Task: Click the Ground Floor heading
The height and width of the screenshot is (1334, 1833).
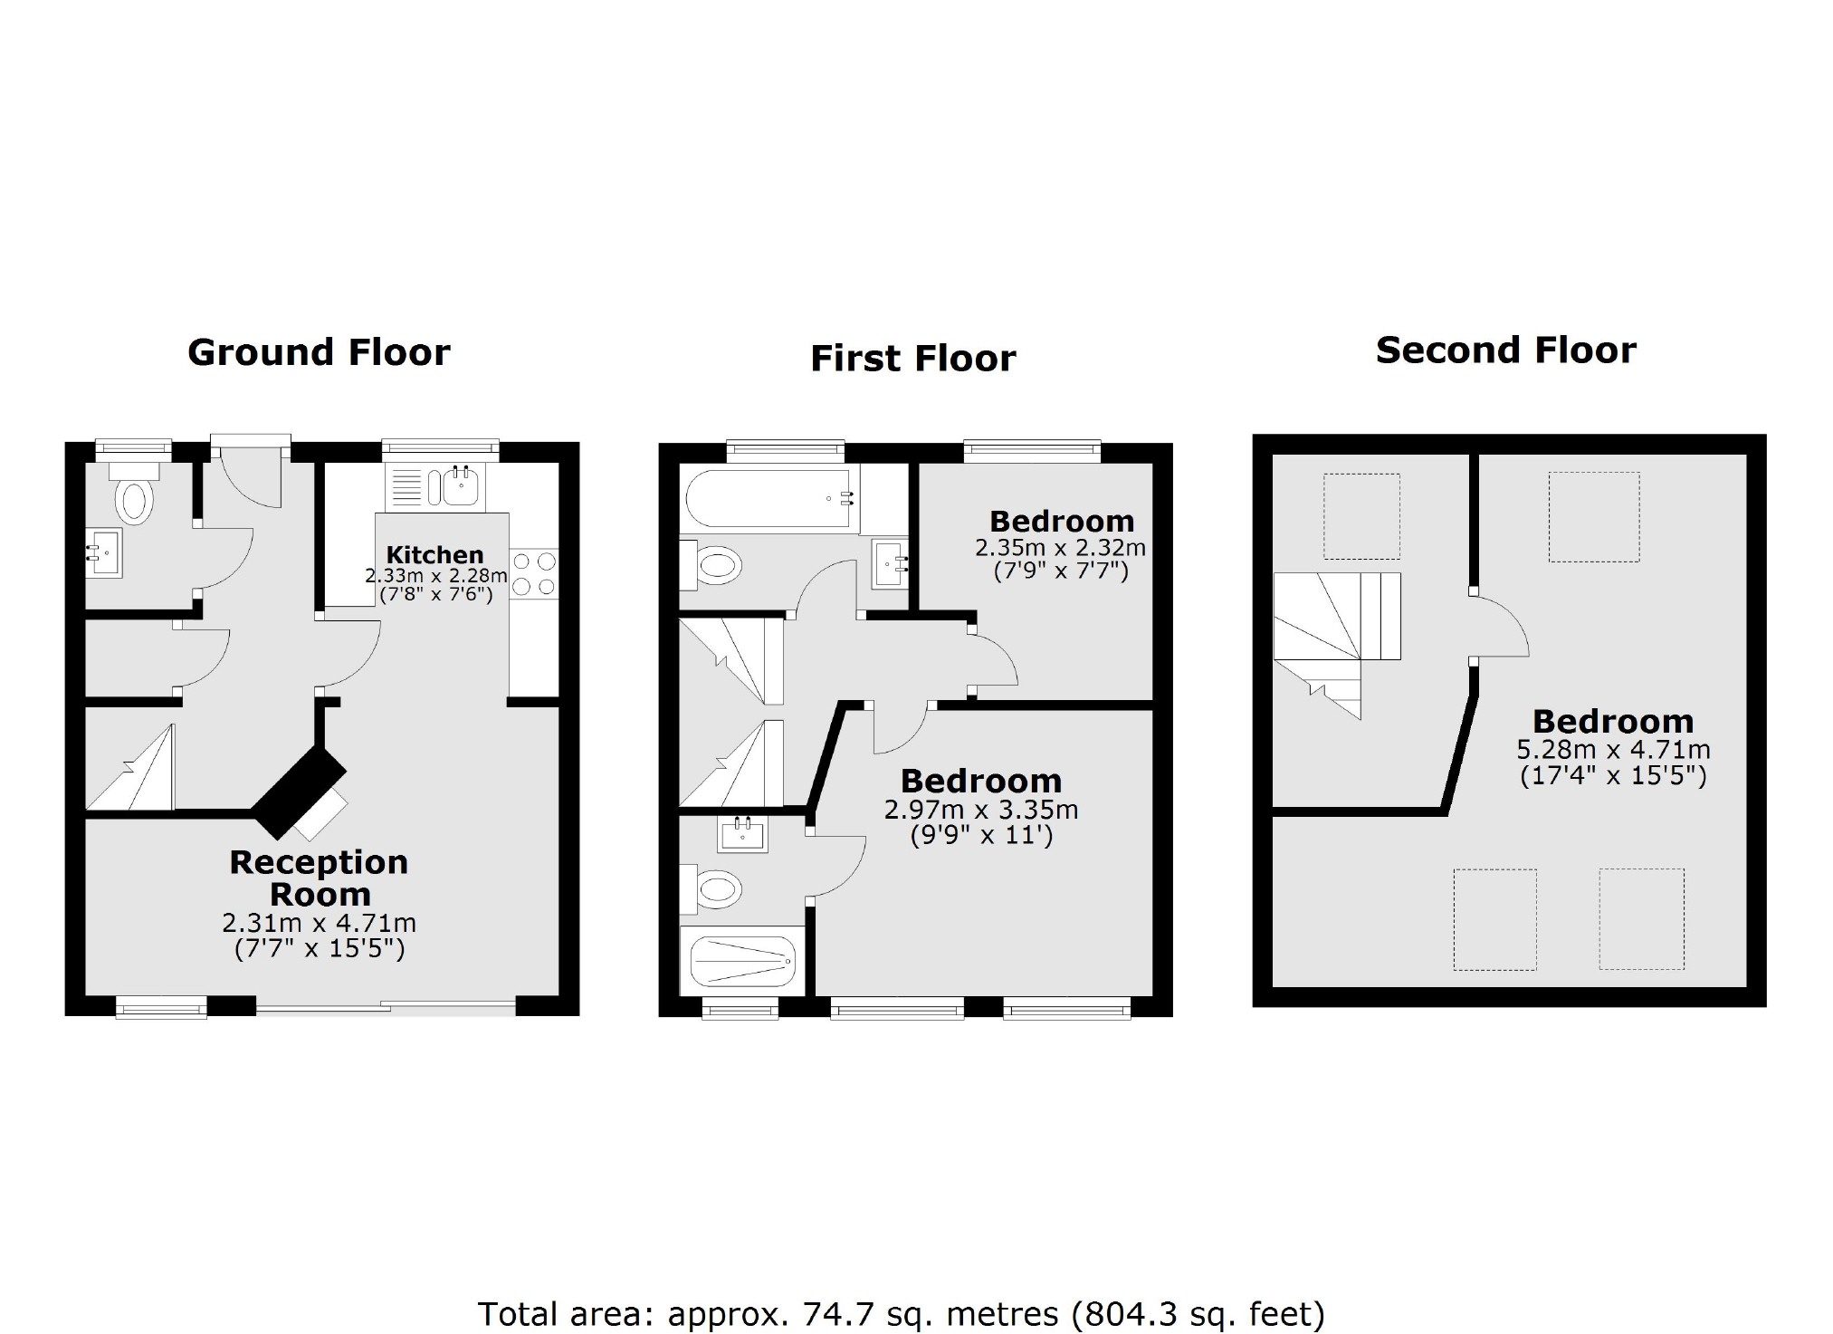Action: point(319,352)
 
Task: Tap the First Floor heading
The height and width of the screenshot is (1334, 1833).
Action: point(912,359)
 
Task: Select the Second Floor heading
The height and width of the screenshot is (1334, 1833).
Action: point(1505,350)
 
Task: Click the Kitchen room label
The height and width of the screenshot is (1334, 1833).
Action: point(434,554)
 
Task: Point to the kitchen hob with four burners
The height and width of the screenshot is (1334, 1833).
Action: point(534,574)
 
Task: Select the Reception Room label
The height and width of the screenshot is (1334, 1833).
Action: point(319,878)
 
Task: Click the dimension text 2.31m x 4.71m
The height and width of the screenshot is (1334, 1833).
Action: point(319,924)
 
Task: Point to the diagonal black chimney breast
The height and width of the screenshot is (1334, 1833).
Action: point(300,791)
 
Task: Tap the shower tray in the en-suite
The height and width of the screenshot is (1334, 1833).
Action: point(742,961)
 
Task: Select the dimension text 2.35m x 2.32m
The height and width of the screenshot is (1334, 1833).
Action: point(1060,548)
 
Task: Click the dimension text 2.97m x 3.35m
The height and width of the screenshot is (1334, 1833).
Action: point(981,809)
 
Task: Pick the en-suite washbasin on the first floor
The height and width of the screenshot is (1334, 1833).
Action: point(743,834)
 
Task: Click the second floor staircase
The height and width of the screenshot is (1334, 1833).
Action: point(1331,634)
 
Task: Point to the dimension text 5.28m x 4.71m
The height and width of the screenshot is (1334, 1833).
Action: point(1613,750)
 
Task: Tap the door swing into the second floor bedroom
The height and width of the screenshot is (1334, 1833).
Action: point(1500,627)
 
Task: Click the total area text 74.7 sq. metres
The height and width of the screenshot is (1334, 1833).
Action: point(901,1313)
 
